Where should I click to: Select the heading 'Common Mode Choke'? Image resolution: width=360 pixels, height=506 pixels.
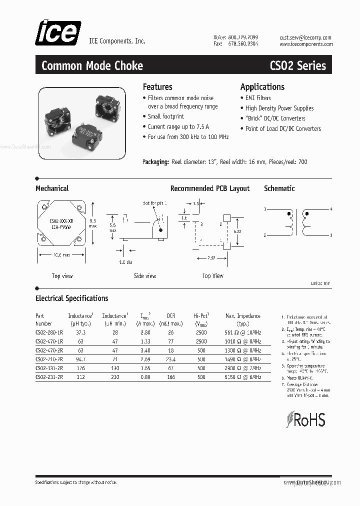pos(92,65)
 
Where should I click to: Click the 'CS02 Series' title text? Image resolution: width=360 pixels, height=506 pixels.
pos(297,65)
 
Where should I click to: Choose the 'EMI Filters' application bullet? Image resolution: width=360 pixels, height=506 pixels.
pos(258,98)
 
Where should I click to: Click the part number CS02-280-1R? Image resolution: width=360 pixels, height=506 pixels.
pos(49,332)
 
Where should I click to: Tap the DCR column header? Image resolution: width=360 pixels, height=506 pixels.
pos(171,316)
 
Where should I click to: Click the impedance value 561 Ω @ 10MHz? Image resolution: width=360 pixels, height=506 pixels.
pos(243,332)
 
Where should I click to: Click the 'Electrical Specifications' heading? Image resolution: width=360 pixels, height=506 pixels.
pos(71,298)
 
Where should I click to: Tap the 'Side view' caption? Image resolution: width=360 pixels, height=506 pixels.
pos(144,276)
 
